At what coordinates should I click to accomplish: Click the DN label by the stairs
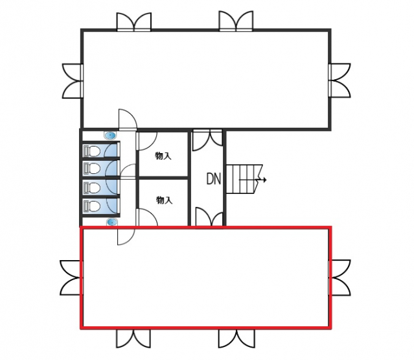click(213, 178)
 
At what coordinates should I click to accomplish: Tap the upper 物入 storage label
click(163, 156)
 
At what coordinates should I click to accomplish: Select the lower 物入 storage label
click(164, 200)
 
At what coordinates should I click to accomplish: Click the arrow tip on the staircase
click(266, 180)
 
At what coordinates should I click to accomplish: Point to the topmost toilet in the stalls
click(92, 151)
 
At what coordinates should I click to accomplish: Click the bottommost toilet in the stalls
click(92, 206)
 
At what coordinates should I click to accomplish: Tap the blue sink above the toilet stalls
click(110, 136)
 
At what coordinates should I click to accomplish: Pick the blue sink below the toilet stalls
click(112, 222)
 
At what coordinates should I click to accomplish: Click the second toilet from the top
click(92, 168)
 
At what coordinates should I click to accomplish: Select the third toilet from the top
click(92, 187)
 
